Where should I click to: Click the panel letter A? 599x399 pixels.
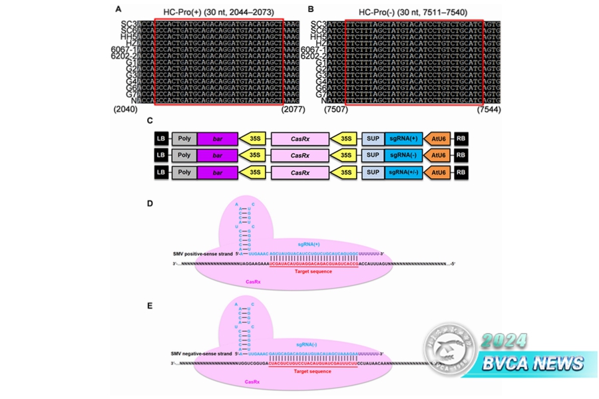click(118, 9)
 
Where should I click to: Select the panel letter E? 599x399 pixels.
click(150, 305)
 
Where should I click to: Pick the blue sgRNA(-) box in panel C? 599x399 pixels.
click(403, 156)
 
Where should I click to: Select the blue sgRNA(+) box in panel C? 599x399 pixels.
click(403, 138)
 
